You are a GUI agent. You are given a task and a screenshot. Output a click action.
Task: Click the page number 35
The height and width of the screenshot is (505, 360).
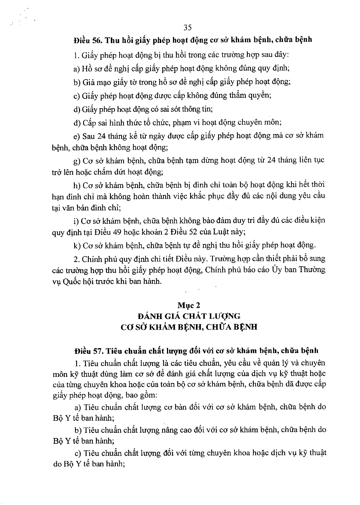(187, 27)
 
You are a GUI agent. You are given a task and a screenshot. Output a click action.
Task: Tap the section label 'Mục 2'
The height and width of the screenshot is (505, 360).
(188, 305)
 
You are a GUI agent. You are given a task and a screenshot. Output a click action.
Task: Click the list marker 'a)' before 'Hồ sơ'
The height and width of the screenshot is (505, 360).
(76, 69)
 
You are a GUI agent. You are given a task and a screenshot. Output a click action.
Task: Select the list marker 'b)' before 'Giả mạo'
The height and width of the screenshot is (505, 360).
(77, 82)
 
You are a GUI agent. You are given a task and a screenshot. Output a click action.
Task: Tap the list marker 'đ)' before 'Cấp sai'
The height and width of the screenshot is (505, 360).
(77, 123)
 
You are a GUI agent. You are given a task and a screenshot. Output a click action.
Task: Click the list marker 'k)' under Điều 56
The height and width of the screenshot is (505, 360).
(77, 246)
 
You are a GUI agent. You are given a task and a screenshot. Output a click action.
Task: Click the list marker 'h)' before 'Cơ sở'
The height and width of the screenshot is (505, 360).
(77, 185)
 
